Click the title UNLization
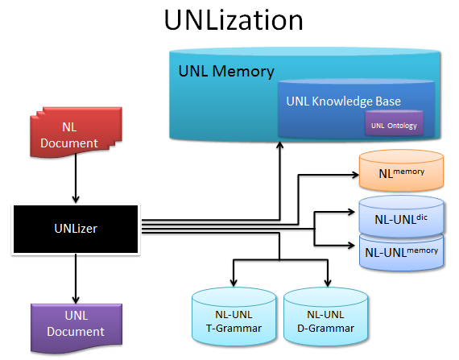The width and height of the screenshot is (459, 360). click(x=234, y=20)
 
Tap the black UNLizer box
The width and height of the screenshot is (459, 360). click(x=76, y=229)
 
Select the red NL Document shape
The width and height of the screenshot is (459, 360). click(x=76, y=132)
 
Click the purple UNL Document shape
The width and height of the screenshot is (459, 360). click(x=76, y=328)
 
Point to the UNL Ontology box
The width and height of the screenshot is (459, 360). click(x=394, y=123)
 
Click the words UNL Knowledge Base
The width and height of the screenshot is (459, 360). click(x=343, y=101)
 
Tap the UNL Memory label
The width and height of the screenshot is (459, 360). click(x=226, y=71)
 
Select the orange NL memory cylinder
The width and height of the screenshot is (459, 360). click(x=401, y=171)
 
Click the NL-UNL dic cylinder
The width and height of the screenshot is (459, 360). click(x=401, y=217)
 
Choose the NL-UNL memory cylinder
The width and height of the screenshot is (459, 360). click(x=401, y=253)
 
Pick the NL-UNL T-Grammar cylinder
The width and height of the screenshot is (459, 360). click(x=234, y=317)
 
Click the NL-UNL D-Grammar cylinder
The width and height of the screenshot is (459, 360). click(x=325, y=317)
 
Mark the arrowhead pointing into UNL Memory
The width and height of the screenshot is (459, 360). click(x=280, y=145)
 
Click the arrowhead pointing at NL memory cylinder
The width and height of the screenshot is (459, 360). click(x=355, y=175)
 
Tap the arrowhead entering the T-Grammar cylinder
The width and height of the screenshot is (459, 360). click(x=234, y=283)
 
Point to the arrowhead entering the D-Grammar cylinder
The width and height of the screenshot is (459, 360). click(x=328, y=283)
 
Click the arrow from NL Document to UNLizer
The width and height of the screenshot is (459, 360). click(x=76, y=179)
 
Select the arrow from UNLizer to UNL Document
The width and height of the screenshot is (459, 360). click(x=76, y=279)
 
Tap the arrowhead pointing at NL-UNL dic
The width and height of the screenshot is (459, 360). click(x=351, y=212)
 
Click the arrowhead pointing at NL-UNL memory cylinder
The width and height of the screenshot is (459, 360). click(x=351, y=245)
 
